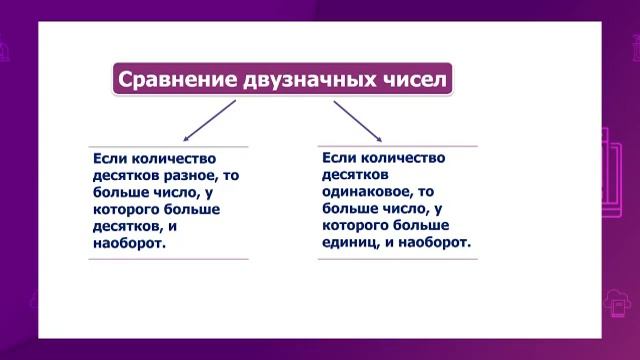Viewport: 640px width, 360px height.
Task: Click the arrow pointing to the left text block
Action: pyautogui.click(x=208, y=120)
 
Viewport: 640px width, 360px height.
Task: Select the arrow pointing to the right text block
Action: pyautogui.click(x=358, y=120)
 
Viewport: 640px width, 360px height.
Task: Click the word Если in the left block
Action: pyautogui.click(x=108, y=158)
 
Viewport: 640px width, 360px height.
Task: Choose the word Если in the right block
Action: pyautogui.click(x=338, y=157)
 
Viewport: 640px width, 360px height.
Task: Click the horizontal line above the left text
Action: pyautogui.click(x=168, y=147)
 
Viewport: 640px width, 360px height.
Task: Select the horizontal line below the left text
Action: pyautogui.click(x=168, y=259)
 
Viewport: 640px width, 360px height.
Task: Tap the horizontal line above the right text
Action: pyautogui.click(x=397, y=146)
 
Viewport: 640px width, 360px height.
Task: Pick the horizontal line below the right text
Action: pyautogui.click(x=397, y=259)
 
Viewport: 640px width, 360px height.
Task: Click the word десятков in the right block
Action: pyautogui.click(x=352, y=174)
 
